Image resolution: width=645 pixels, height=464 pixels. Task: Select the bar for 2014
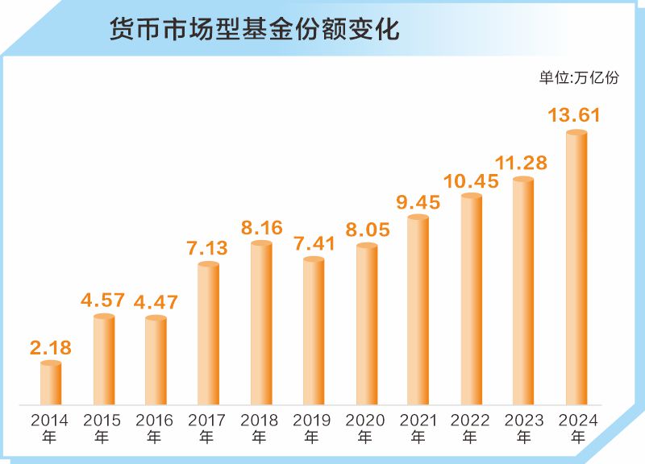[x=51, y=383]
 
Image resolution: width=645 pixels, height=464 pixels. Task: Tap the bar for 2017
[x=208, y=333]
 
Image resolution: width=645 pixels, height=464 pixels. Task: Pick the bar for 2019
[x=314, y=330]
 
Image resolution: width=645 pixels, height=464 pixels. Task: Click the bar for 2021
[x=418, y=309]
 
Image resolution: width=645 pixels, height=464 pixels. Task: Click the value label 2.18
[x=51, y=348]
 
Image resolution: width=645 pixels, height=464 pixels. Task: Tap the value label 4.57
[x=103, y=300]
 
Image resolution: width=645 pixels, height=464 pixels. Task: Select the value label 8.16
[x=261, y=228]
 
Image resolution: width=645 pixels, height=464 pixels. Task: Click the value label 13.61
[x=574, y=115]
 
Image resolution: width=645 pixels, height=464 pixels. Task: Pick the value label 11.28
[x=521, y=164]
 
